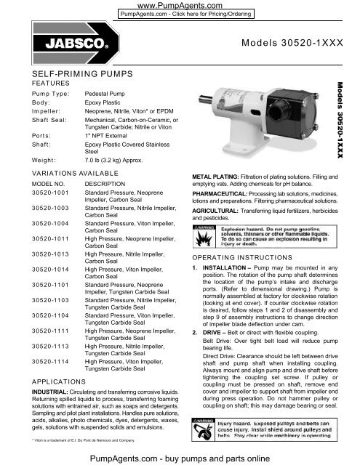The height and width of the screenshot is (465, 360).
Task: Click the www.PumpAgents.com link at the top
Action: coord(180,4)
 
